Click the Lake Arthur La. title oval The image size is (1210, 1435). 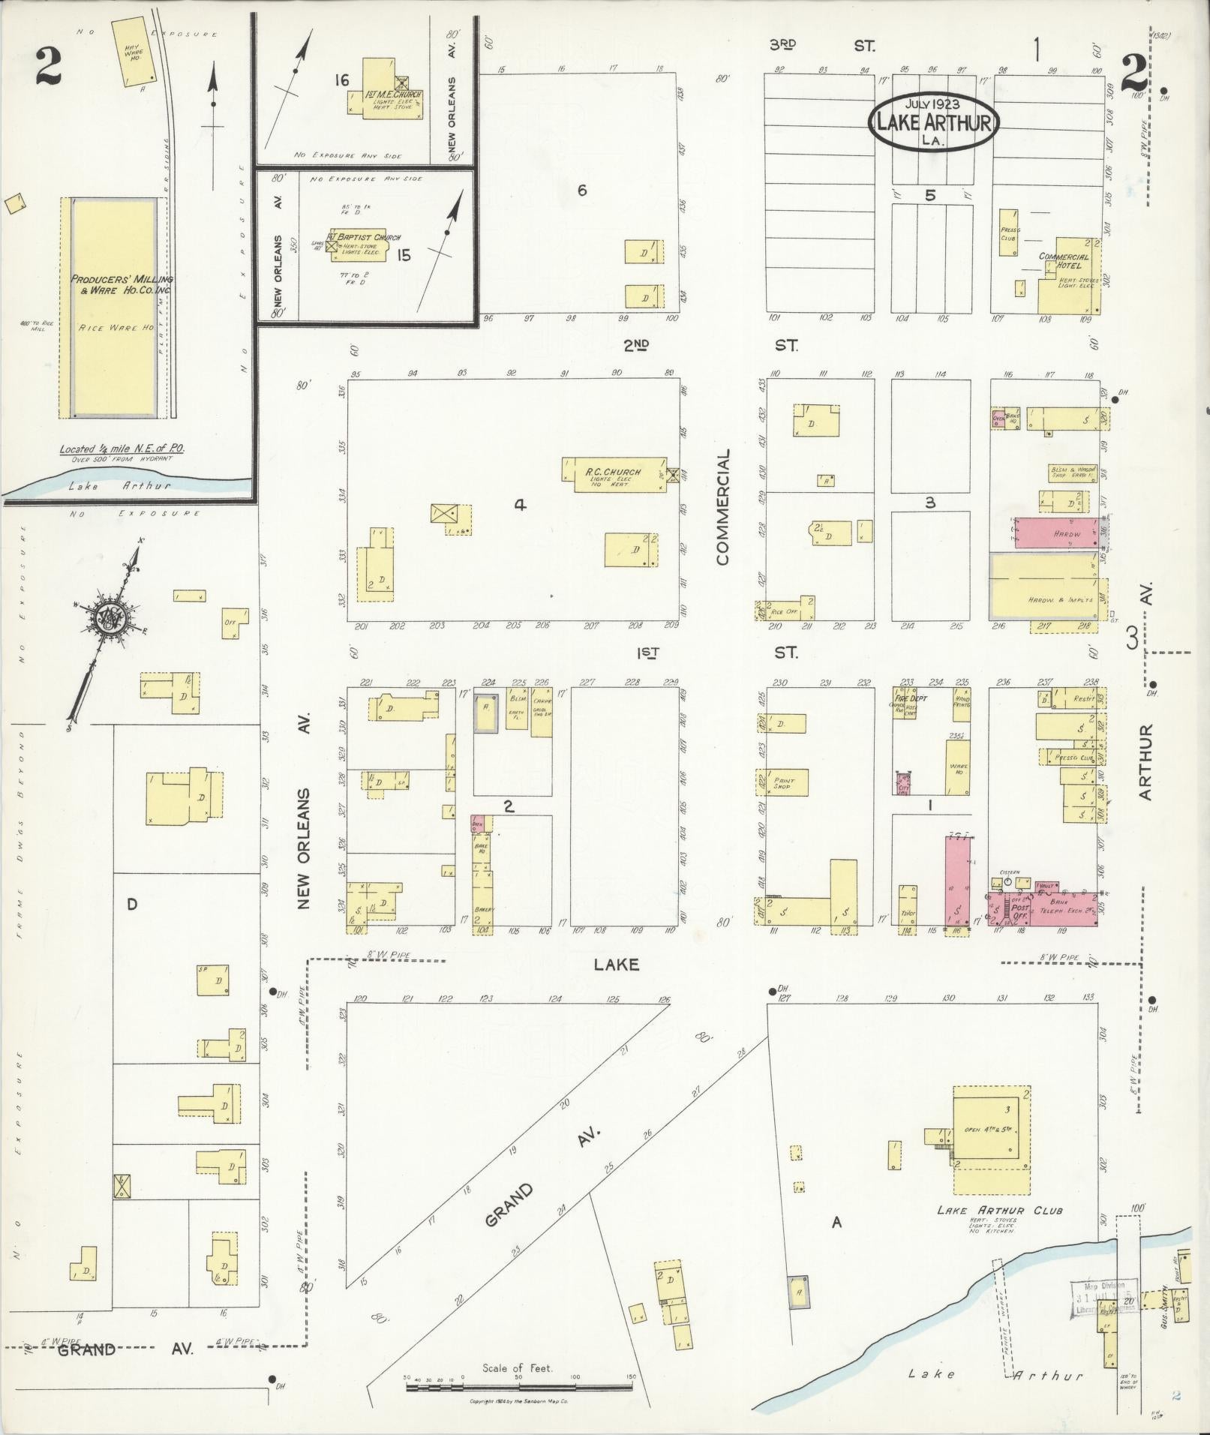point(933,123)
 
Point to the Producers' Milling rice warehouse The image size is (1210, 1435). point(114,308)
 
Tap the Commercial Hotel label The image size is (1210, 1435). point(1064,260)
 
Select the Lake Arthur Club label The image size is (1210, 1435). point(1000,1211)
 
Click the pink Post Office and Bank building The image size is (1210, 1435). point(1047,908)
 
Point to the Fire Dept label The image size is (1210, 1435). point(908,698)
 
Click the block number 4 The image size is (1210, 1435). point(519,506)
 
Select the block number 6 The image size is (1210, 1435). point(581,191)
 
